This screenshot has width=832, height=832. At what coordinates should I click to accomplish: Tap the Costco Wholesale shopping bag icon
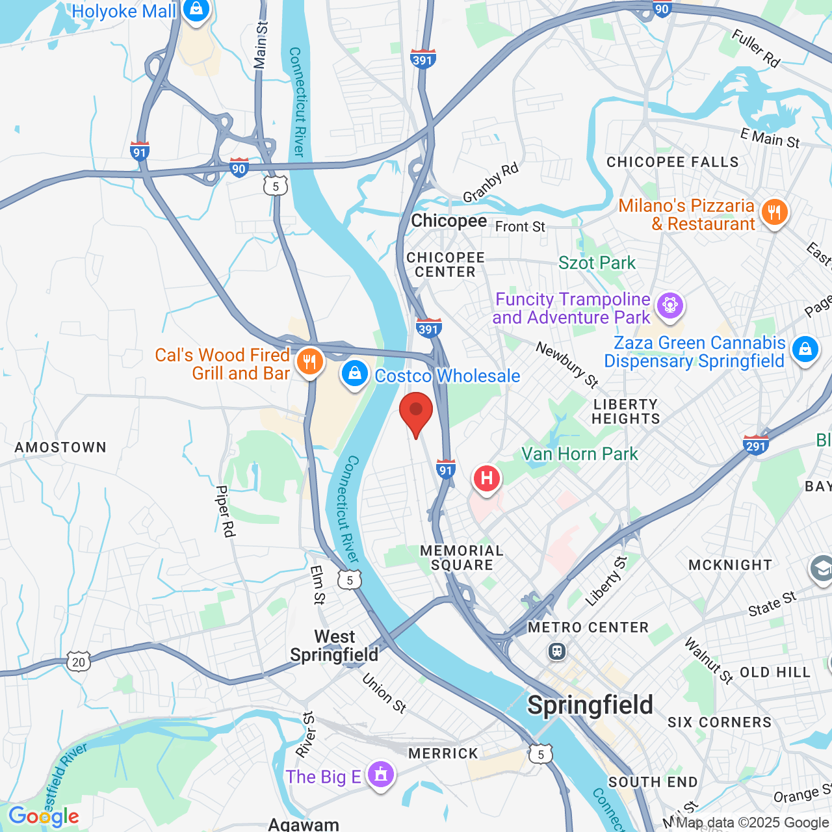click(355, 374)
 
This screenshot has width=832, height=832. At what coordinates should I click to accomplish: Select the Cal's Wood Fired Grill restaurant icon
click(310, 362)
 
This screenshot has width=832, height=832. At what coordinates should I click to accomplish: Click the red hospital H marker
click(486, 479)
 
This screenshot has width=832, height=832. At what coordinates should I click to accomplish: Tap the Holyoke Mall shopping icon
click(195, 10)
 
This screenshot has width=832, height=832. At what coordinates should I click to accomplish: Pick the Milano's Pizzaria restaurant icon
click(773, 213)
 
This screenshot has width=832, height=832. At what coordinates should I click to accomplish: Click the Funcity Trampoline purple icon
click(669, 305)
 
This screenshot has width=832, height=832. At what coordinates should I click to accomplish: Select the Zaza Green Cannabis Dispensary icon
click(805, 350)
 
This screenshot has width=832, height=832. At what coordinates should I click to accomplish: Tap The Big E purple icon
click(380, 775)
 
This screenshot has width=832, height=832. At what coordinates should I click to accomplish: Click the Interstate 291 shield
click(756, 445)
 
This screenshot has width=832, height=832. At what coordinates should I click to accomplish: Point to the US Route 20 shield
click(79, 662)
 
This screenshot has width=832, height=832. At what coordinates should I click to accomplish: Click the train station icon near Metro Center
click(556, 651)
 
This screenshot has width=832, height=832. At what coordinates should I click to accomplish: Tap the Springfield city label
click(590, 705)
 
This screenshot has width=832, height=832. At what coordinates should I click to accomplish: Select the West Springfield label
click(334, 645)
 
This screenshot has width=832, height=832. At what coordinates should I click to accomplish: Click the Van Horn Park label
click(580, 454)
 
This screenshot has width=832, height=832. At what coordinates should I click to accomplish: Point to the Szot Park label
click(597, 263)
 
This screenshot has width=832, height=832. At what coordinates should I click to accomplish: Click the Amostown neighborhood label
click(60, 447)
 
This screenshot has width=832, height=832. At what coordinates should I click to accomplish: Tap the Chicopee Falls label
click(673, 162)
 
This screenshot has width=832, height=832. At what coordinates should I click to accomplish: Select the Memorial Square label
click(461, 558)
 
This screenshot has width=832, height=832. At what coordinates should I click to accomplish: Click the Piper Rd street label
click(224, 512)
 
